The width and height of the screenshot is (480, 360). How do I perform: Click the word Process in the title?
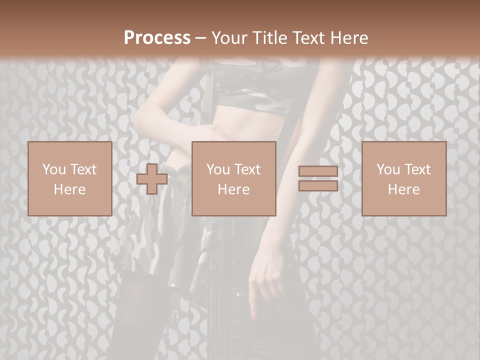157,37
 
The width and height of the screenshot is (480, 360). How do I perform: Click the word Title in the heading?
268,37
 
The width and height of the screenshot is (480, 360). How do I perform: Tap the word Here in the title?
348,37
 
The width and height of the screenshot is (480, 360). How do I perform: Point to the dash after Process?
200,38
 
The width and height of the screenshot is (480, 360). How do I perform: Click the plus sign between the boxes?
152,179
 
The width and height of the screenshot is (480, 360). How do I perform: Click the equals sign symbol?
318,179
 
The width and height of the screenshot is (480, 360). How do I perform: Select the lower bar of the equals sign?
318,185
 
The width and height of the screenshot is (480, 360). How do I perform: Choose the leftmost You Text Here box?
69,179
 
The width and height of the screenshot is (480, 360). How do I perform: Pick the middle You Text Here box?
233,179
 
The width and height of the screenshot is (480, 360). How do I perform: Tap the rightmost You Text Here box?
403,179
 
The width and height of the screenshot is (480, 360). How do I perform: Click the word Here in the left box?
69,189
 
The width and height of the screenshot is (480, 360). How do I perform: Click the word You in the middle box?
218,169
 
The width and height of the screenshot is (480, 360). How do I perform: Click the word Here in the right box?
403,189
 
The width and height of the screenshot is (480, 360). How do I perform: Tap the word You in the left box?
54,169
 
